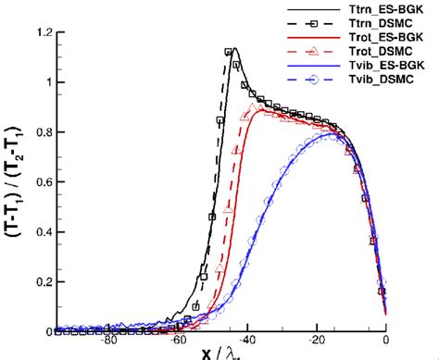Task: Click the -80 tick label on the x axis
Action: pos(109,341)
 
